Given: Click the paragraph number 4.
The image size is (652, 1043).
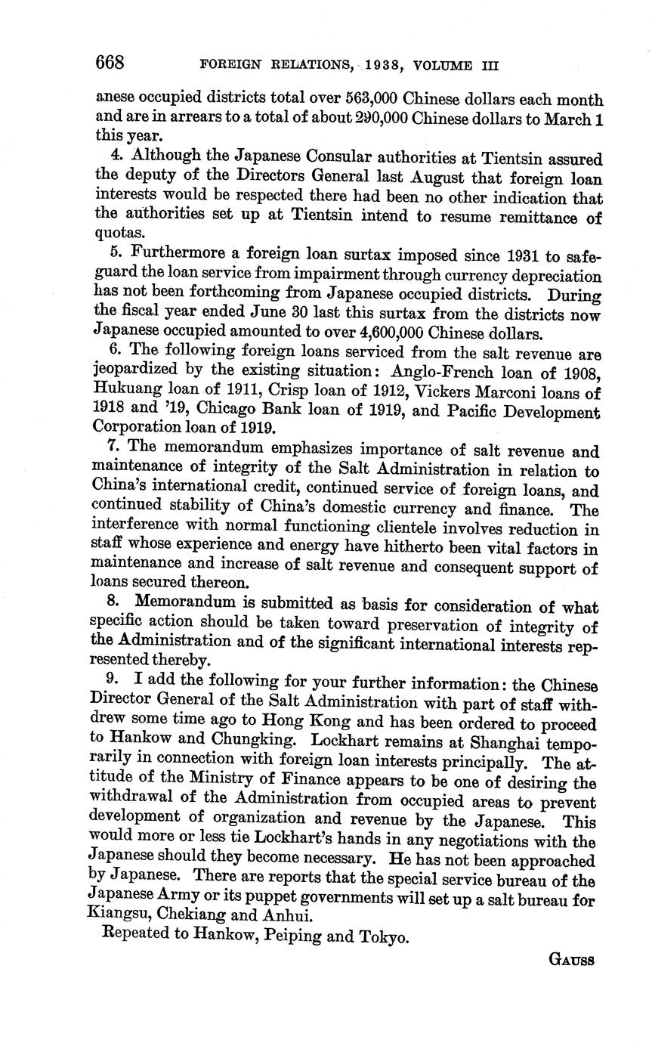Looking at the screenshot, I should pyautogui.click(x=115, y=159).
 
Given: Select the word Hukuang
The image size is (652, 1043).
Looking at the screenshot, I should pyautogui.click(x=123, y=392).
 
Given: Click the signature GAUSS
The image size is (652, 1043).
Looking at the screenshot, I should pyautogui.click(x=571, y=961).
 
